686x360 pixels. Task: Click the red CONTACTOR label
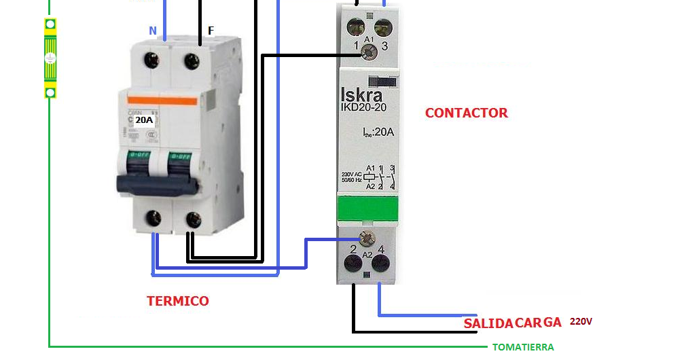tap(466, 113)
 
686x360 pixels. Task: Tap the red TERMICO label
tap(178, 301)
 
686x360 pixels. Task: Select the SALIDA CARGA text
tap(512, 323)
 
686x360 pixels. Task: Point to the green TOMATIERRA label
tap(523, 347)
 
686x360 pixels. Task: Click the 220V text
tap(581, 321)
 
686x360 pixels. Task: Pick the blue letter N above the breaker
tap(153, 31)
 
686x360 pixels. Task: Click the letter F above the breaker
tap(211, 31)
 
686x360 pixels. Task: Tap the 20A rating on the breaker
tap(144, 120)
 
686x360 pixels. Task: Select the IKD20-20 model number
tap(365, 108)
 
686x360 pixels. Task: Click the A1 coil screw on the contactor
tap(369, 49)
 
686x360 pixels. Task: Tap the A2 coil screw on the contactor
tap(367, 238)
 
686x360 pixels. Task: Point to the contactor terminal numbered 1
tap(355, 27)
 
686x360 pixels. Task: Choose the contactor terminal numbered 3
tap(383, 27)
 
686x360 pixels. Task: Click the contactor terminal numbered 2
tap(353, 264)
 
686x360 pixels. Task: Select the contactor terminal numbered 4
tap(382, 264)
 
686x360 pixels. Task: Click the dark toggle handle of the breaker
tap(157, 183)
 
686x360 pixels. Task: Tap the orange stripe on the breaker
tap(163, 101)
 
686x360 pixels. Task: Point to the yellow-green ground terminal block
tap(50, 58)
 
